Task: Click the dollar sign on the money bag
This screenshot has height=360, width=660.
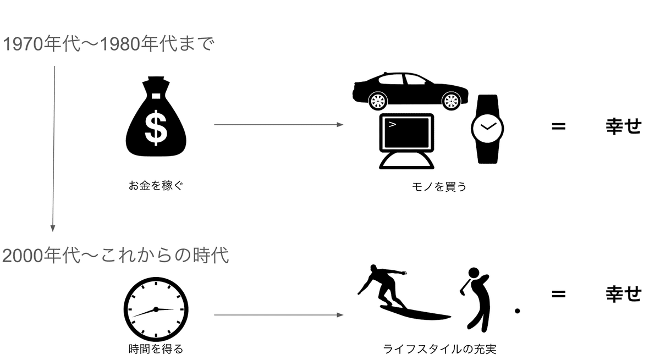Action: click(156, 128)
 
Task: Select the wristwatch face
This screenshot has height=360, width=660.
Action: click(487, 129)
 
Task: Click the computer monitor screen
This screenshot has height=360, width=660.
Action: click(406, 133)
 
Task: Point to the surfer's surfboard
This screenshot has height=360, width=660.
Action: click(415, 313)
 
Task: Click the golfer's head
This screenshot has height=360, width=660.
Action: click(474, 273)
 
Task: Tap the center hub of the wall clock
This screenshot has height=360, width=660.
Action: click(156, 309)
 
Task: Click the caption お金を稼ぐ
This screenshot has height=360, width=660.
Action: click(156, 186)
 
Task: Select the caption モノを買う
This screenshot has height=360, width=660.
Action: click(439, 187)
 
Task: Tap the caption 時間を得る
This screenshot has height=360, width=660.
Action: click(156, 349)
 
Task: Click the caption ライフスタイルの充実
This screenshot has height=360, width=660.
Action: click(439, 350)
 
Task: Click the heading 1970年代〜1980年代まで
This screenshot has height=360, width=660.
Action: click(108, 44)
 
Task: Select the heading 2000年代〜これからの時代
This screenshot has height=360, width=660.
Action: click(116, 255)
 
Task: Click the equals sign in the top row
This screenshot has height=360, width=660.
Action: click(559, 126)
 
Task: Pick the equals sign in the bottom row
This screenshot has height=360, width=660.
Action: click(559, 293)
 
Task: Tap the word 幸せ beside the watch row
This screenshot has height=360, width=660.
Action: click(624, 126)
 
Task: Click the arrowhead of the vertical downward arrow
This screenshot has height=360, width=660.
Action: click(53, 229)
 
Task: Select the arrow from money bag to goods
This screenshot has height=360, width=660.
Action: click(279, 125)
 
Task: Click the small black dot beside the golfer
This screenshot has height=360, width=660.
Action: click(517, 311)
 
